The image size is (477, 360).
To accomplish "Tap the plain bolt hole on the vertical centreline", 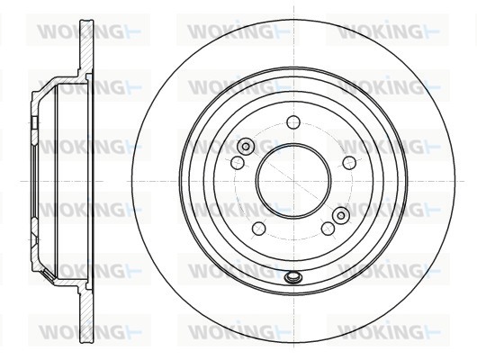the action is click(293, 122).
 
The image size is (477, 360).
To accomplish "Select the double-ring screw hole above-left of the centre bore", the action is click(246, 147).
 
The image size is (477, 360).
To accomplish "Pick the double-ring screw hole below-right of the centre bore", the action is click(341, 215).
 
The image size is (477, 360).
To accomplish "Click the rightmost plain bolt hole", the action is click(349, 163).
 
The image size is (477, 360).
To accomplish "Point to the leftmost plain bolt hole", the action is click(238, 163).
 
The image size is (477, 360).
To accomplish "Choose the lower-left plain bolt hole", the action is click(259, 229).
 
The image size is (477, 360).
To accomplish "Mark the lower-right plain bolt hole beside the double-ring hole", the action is click(328, 229).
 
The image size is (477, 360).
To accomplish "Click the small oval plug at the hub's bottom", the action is click(293, 277).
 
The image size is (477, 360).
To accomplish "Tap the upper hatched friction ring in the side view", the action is click(86, 46).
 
